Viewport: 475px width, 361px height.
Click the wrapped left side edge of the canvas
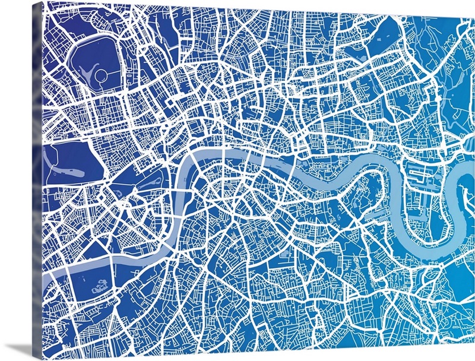coord(37,178)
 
